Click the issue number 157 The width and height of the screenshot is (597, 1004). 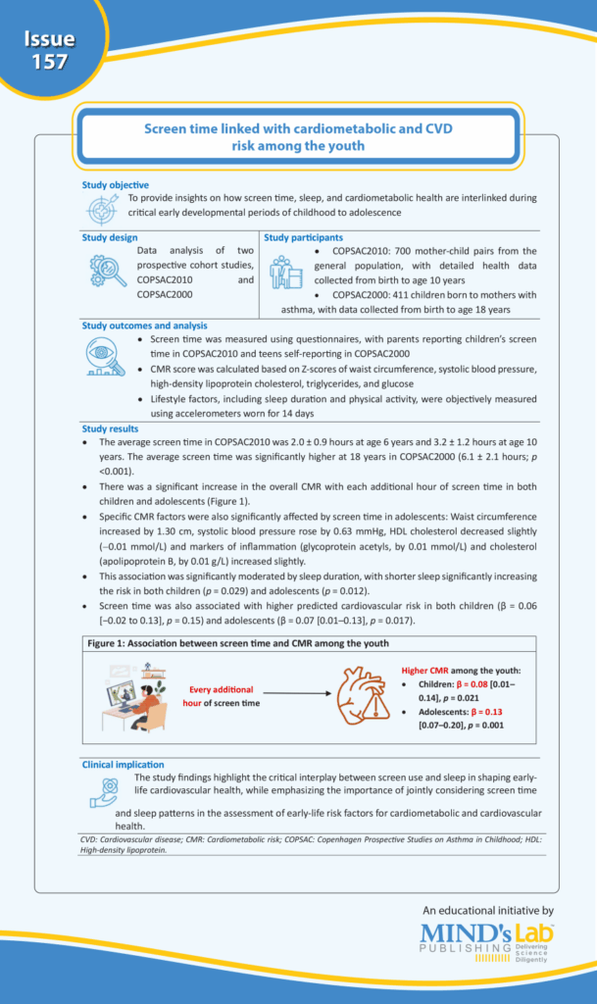point(49,62)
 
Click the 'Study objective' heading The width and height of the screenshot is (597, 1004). point(116,184)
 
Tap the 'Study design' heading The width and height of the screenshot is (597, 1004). point(110,237)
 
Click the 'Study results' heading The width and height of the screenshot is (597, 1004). point(111,427)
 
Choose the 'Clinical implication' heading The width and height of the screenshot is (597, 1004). point(124,764)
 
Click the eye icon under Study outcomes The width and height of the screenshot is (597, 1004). point(107,358)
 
